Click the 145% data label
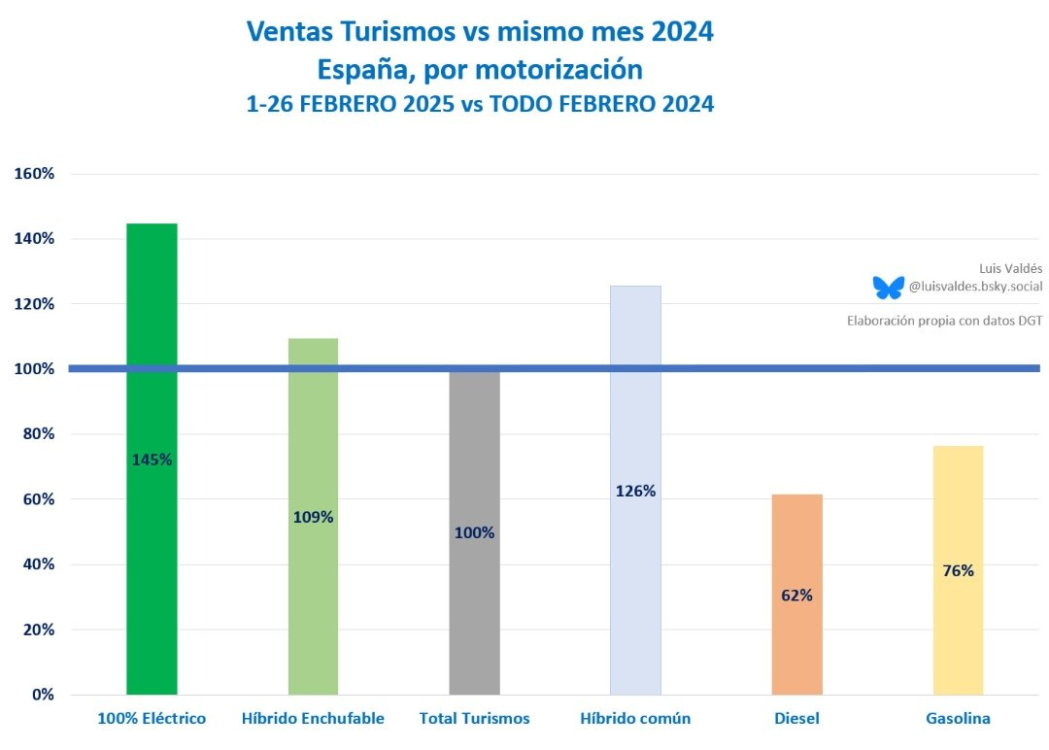click(152, 460)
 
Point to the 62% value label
click(796, 596)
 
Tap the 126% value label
click(635, 492)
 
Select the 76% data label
click(958, 571)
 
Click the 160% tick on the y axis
click(35, 174)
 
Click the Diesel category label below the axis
click(796, 719)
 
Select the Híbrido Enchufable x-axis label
click(313, 719)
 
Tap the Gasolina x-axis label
click(958, 719)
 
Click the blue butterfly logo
click(888, 287)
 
